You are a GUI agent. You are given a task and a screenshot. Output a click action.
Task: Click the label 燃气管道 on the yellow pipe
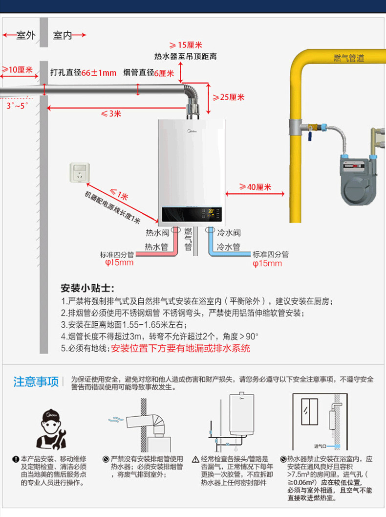(348, 58)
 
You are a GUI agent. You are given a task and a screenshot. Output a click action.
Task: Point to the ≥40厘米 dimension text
(255, 187)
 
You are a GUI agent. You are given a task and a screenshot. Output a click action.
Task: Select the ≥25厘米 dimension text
(228, 97)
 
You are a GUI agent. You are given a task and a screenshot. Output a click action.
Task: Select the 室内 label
(62, 36)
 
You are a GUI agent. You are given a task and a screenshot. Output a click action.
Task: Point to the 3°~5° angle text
(17, 105)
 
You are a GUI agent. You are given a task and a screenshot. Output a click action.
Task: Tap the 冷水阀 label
(229, 233)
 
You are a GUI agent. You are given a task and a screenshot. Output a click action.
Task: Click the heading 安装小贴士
(86, 287)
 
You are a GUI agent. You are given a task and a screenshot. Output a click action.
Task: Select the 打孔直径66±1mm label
(84, 73)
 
